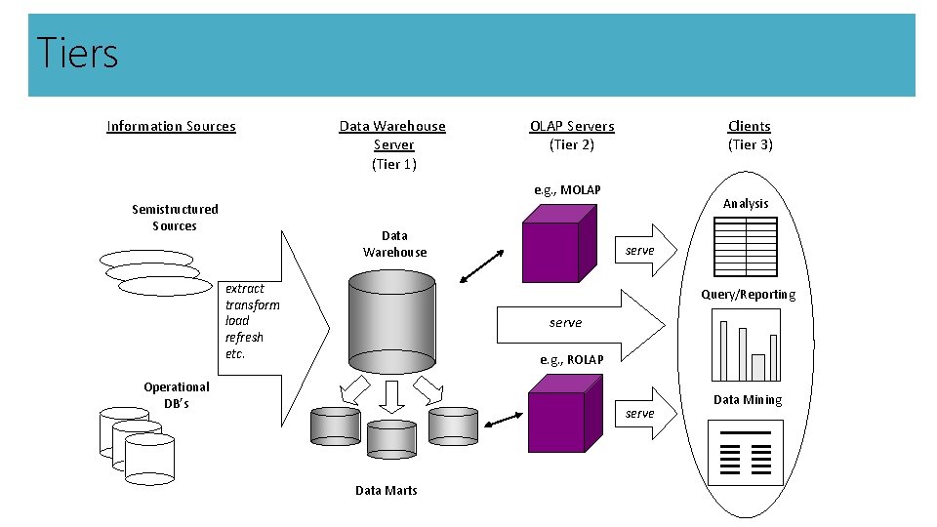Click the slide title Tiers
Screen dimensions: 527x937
(77, 53)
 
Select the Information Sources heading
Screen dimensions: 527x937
(171, 126)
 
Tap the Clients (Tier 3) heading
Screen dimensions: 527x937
(750, 135)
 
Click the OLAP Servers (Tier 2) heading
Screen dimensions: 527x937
(572, 135)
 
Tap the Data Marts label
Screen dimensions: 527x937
(386, 490)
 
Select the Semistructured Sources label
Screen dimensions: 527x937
(175, 217)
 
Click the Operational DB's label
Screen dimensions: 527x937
(176, 394)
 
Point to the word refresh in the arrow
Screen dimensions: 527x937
(244, 337)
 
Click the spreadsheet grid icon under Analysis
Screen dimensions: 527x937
(746, 246)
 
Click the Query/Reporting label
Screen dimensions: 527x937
(748, 295)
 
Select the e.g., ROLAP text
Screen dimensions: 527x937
(572, 359)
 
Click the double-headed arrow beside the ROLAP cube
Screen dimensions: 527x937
(503, 420)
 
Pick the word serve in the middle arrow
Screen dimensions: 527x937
(565, 322)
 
